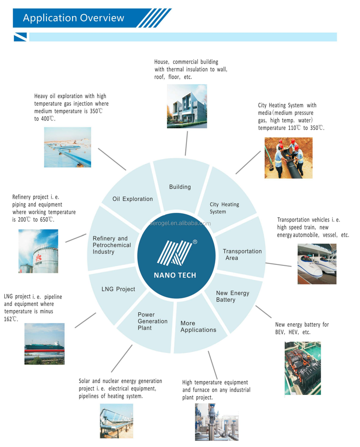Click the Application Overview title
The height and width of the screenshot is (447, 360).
pos(73,18)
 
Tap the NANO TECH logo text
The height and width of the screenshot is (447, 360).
pos(175,275)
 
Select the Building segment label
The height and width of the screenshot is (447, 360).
pos(180,187)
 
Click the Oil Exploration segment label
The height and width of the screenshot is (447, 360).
pos(133,199)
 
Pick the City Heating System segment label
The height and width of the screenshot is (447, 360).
pos(224,208)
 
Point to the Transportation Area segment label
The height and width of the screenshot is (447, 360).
pos(242,255)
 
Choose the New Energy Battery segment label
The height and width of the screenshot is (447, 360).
pos(233,297)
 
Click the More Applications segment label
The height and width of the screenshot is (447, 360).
pos(198,326)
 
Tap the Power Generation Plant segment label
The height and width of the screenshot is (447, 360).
pos(153,321)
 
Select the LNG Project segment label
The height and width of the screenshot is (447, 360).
pos(118,289)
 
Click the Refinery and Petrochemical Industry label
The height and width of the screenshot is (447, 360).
pos(112,245)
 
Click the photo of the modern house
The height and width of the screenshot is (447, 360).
pos(187,106)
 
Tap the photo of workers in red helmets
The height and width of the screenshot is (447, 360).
pos(289,158)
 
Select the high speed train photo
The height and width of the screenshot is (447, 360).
pos(317,264)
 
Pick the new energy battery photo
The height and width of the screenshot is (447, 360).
pos(303,368)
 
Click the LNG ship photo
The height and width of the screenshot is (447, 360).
pos(45,344)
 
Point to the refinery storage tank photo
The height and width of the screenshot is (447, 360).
pos(39,251)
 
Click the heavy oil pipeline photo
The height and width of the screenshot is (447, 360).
pos(67,147)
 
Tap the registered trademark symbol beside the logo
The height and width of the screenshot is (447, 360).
pos(195,242)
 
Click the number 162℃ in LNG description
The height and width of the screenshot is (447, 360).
pos(11,319)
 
